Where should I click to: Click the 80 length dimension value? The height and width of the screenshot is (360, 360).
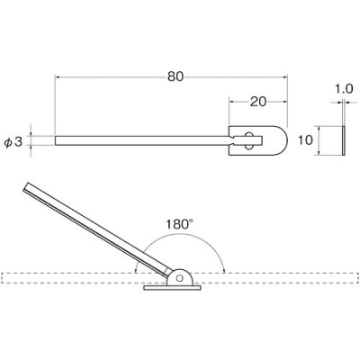(175, 76)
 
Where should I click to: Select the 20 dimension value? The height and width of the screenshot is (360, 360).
(258, 102)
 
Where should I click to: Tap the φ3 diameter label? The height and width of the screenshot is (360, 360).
(13, 142)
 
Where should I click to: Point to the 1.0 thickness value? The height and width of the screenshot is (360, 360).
(344, 89)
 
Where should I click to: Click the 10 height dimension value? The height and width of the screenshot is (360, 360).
(306, 140)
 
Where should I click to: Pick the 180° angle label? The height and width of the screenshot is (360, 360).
(180, 224)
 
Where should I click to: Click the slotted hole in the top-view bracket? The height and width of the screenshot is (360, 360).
(248, 140)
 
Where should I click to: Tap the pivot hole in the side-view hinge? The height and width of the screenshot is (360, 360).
(180, 278)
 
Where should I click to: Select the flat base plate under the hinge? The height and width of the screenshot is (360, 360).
(172, 288)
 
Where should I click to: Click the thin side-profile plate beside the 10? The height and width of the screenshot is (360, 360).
(344, 140)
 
